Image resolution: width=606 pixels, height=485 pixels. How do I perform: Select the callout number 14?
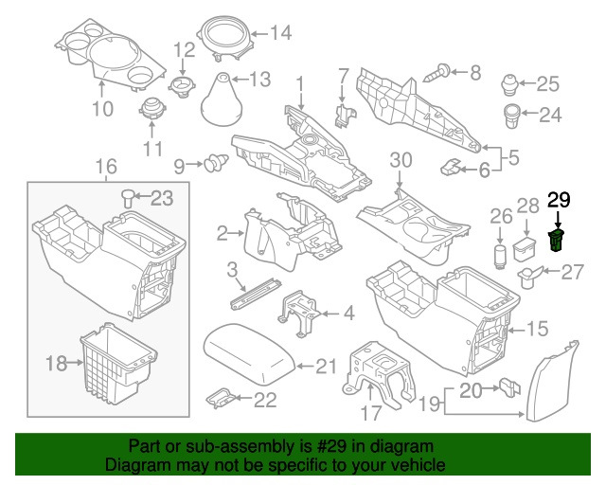tap(279, 34)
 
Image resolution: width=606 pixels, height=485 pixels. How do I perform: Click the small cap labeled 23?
tap(128, 197)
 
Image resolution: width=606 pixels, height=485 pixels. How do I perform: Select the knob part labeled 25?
tap(512, 83)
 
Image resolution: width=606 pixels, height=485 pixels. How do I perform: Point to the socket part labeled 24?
tap(512, 118)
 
